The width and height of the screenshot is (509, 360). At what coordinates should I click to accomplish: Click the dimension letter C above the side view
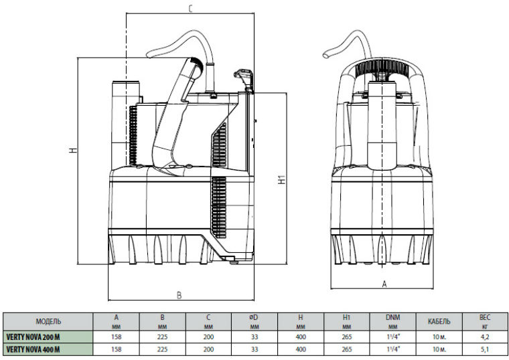coord(191,9)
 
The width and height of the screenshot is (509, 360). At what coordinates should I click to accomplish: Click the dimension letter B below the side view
coord(179,295)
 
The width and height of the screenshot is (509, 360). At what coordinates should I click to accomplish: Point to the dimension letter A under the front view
coord(384,284)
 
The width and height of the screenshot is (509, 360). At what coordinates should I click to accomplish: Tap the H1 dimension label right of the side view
coord(283,179)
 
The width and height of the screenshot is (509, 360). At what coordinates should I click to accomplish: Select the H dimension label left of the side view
coord(74,151)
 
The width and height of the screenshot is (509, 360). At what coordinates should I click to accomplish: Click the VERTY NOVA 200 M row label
coord(33,337)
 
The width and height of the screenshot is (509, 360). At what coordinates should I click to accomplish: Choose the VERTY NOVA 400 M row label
coord(33,349)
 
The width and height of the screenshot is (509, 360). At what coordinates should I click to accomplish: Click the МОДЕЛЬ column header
coord(48,321)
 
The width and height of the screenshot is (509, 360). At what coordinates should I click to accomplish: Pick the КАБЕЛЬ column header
coord(439,321)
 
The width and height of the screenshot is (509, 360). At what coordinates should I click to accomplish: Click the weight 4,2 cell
coord(485,337)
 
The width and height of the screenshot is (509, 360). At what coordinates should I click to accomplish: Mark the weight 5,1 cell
coord(485,349)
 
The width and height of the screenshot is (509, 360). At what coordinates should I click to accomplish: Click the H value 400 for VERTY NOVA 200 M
coord(301,337)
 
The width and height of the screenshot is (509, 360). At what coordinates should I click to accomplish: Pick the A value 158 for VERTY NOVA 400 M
coord(117,349)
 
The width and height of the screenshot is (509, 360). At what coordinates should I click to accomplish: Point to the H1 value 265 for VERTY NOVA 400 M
coord(347,349)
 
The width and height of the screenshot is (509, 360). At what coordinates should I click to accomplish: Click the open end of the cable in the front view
coord(326,56)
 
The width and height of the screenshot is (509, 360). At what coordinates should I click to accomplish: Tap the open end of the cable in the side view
coord(149,55)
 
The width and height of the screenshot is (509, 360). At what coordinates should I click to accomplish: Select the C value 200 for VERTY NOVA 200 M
coord(208,337)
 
